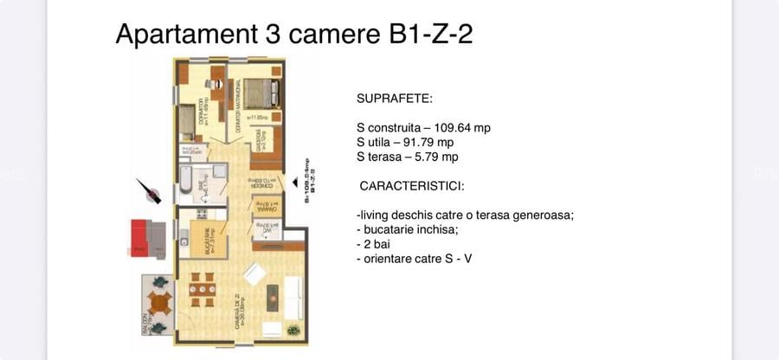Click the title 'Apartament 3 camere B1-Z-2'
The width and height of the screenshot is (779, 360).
pyautogui.click(x=293, y=35)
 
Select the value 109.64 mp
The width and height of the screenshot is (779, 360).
pyautogui.click(x=462, y=127)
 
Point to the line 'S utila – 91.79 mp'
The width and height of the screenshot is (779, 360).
pyautogui.click(x=405, y=142)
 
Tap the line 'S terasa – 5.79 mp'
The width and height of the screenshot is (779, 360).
pyautogui.click(x=407, y=157)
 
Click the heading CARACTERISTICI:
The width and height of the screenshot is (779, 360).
pyautogui.click(x=412, y=186)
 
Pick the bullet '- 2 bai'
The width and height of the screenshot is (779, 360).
pyautogui.click(x=373, y=244)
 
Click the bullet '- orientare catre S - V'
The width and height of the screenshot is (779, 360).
pyautogui.click(x=414, y=259)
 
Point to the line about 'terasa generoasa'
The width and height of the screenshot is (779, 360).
pyautogui.click(x=465, y=215)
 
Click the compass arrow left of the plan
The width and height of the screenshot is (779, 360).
pyautogui.click(x=148, y=190)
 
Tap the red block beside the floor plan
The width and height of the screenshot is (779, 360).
pyautogui.click(x=139, y=237)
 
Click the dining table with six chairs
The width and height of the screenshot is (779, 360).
pyautogui.click(x=203, y=290)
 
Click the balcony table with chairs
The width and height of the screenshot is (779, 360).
pyautogui.click(x=159, y=303)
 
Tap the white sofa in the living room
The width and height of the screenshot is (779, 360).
pyautogui.click(x=293, y=299)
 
